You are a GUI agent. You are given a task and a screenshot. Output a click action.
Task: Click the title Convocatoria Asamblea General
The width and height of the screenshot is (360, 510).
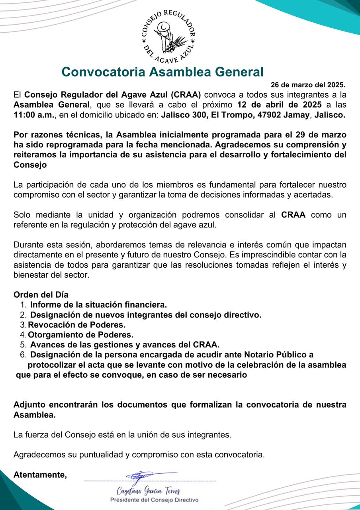162,72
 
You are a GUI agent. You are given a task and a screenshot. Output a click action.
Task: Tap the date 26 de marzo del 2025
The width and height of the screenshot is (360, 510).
308,85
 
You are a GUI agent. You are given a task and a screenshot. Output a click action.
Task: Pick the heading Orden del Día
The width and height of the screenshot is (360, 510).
41,295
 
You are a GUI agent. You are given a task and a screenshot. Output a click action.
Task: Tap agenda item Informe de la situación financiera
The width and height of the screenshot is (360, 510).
98,305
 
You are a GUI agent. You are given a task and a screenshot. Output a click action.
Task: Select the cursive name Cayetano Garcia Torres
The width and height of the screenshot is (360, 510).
149,490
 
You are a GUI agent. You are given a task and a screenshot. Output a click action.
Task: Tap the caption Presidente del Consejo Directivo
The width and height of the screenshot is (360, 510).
154,500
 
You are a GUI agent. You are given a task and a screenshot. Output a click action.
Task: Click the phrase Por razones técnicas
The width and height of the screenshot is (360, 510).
54,134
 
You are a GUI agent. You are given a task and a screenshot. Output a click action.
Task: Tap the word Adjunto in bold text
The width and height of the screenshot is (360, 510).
29,405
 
